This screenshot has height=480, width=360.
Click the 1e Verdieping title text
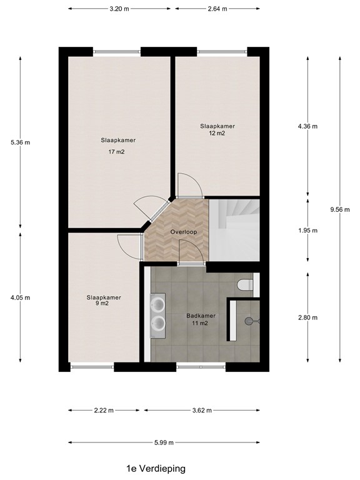154,467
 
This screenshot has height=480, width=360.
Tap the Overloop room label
184,232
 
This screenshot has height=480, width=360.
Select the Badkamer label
201,316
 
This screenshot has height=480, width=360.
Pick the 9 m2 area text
104,304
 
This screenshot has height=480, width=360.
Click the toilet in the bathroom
244,285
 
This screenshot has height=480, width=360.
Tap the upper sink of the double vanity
159,304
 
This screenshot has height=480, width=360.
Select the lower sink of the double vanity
159,322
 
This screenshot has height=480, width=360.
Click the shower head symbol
251,321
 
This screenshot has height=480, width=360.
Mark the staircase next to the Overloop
233,228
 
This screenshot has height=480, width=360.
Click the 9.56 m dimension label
340,209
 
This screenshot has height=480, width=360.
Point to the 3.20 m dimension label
119,9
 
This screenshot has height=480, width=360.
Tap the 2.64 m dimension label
216,9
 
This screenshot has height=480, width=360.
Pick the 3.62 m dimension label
201,411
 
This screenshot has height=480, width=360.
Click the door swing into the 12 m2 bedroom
188,186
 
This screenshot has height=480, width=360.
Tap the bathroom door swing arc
191,251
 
